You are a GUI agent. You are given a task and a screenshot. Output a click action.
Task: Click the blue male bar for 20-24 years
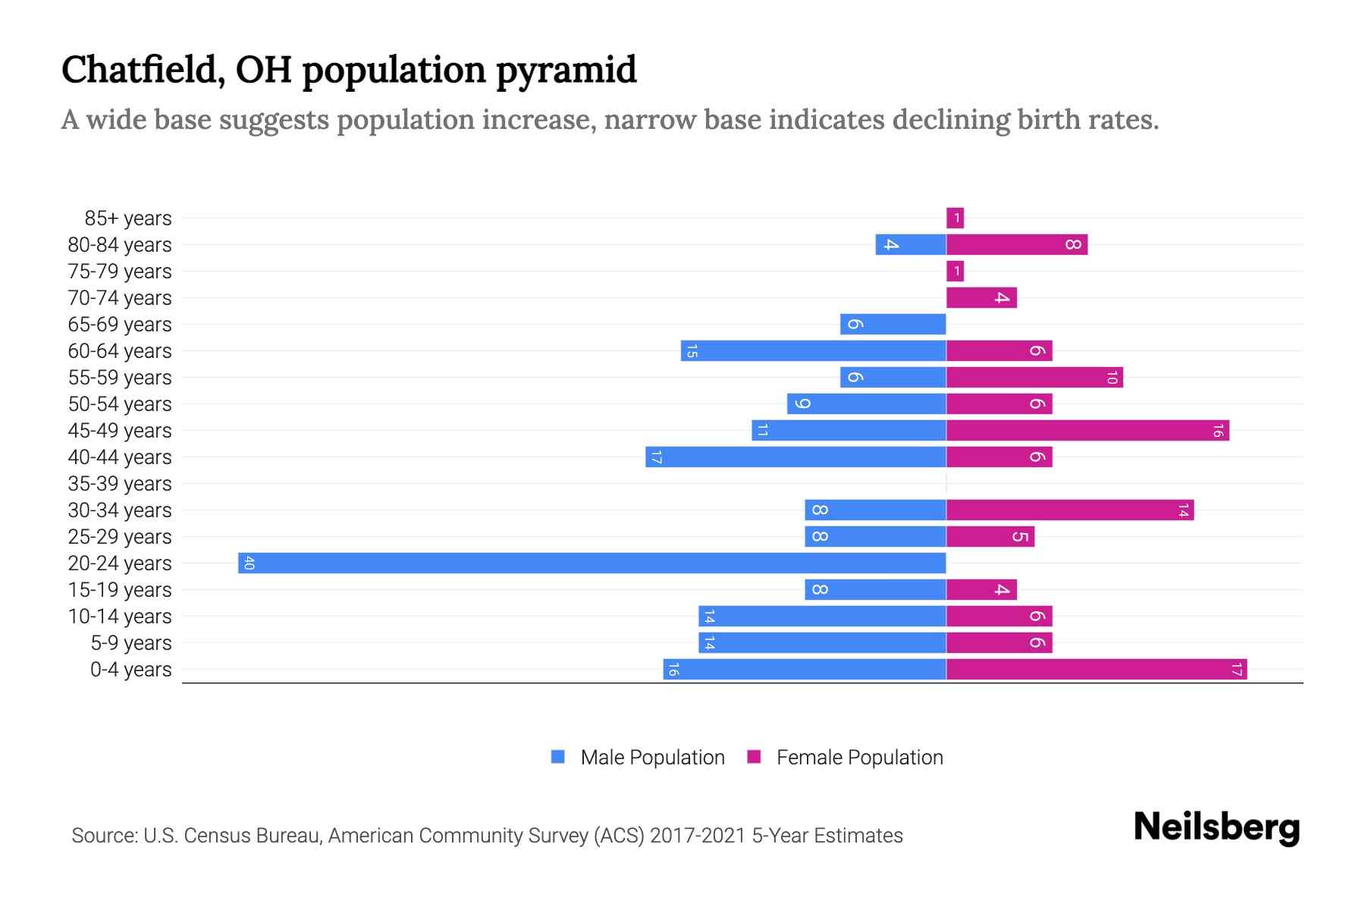[x=591, y=563]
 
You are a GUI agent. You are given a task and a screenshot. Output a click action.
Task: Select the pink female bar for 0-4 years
[x=1096, y=669]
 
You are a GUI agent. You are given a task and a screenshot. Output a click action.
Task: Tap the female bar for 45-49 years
[x=1087, y=430]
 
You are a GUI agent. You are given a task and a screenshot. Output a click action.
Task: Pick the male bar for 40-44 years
[x=795, y=457]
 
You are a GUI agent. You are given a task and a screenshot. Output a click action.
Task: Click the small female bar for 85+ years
[x=955, y=218]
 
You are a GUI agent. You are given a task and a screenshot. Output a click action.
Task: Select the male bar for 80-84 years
[x=911, y=244]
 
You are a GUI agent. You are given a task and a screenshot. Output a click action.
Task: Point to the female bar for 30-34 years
[x=1069, y=510]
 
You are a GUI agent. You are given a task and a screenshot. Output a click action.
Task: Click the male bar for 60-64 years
[x=813, y=350]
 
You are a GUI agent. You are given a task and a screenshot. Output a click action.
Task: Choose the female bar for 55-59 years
[x=1034, y=377]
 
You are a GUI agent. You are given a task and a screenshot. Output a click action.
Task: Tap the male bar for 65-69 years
[x=893, y=324]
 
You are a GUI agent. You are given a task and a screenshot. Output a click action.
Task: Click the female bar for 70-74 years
[x=981, y=297]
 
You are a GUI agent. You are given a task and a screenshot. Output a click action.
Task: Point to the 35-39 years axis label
[x=120, y=483]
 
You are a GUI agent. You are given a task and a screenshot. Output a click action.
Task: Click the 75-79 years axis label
[x=120, y=271]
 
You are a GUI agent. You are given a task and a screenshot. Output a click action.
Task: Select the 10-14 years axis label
[x=120, y=616]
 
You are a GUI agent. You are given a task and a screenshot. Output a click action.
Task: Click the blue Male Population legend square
[x=558, y=757]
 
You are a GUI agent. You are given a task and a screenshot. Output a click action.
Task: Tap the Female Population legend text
[x=859, y=757]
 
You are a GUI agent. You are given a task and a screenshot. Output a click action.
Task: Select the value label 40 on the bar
[x=249, y=563]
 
